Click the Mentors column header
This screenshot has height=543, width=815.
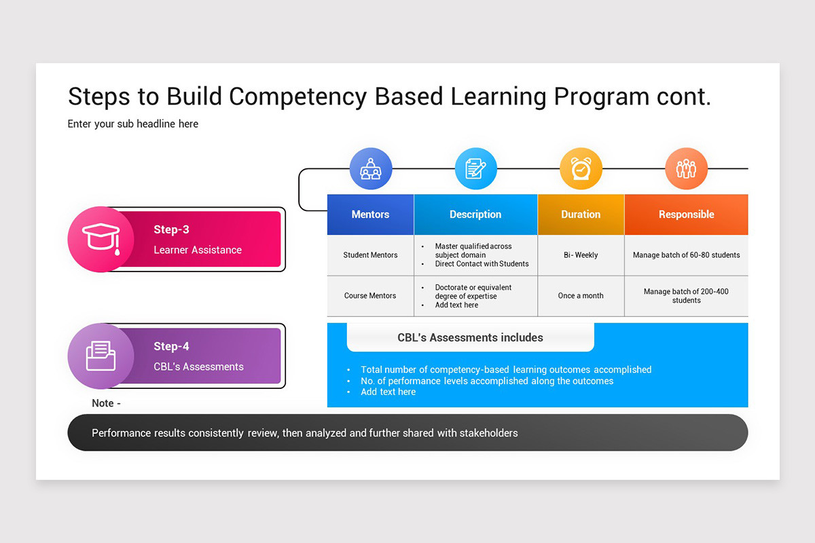click(370, 214)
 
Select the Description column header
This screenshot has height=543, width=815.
click(475, 214)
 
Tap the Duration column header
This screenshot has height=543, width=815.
click(581, 214)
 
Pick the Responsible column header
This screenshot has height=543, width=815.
click(686, 214)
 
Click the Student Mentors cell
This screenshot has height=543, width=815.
click(370, 255)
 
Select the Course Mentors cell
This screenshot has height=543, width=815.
click(370, 296)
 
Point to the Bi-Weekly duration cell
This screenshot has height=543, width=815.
click(581, 255)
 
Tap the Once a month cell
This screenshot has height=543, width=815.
click(581, 296)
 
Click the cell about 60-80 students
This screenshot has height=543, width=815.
click(686, 255)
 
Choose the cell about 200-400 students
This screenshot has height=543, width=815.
click(686, 296)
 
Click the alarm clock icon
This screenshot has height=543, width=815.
click(581, 169)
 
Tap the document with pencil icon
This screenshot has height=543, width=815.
click(475, 169)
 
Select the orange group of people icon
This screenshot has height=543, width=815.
click(686, 169)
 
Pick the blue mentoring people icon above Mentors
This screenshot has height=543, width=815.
click(370, 169)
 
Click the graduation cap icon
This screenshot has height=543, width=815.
click(101, 239)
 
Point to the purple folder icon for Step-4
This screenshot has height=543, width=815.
click(101, 356)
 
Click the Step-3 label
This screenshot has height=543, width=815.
click(171, 229)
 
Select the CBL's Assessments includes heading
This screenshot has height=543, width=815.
click(470, 337)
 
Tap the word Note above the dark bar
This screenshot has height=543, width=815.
click(103, 403)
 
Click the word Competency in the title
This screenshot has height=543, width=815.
click(297, 97)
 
